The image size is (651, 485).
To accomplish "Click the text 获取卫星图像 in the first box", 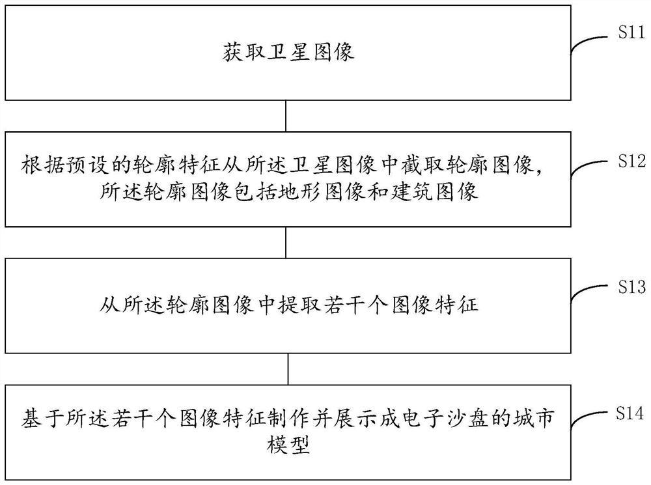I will [x=286, y=52].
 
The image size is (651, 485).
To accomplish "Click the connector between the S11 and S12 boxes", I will [x=287, y=116].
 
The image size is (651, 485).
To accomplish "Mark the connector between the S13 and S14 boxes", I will [x=287, y=369].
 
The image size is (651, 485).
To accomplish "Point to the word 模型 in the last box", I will [x=286, y=444].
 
